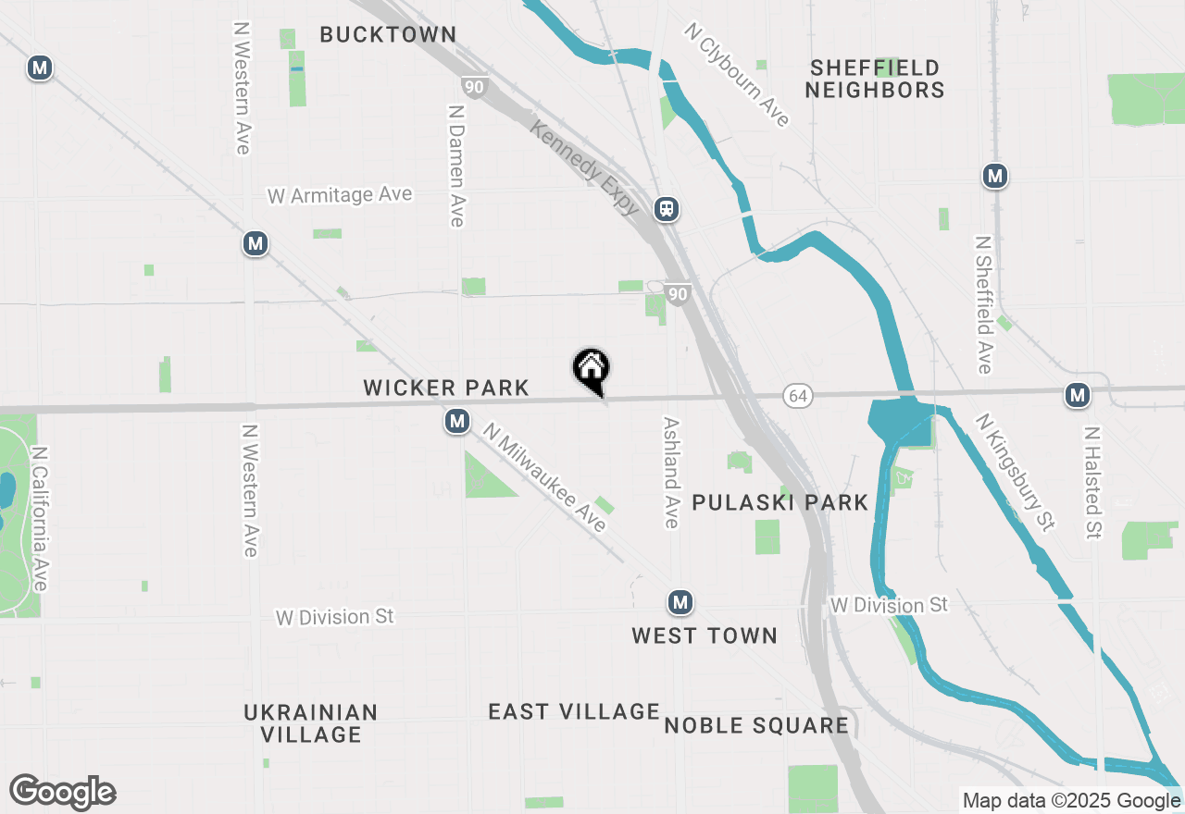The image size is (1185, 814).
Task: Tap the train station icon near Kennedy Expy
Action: pos(667,208)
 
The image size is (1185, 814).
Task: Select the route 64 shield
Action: pos(796,396)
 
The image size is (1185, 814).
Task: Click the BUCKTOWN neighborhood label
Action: pos(388,35)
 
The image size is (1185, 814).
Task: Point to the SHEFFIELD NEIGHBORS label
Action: pos(874,79)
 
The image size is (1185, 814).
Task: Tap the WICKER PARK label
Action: pos(446,388)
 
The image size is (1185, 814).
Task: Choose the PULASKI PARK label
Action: pos(780,503)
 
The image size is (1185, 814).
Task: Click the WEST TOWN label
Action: pos(705,636)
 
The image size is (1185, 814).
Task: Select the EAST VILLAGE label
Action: pos(574,712)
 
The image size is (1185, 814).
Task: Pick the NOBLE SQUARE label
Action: pos(756,726)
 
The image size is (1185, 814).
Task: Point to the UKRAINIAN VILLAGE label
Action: pos(311,723)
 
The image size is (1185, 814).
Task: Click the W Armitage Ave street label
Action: pos(340,196)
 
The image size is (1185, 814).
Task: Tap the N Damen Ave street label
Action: pos(455,165)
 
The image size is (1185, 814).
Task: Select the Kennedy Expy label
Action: pos(584,166)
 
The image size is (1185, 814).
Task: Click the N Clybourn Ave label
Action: pos(737,75)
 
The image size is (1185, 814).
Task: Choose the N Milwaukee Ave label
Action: pos(544,477)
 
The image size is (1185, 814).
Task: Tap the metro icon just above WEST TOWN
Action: pos(680,603)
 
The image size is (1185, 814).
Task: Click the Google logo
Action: pos(63,793)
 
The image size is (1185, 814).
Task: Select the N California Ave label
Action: pos(39,519)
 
